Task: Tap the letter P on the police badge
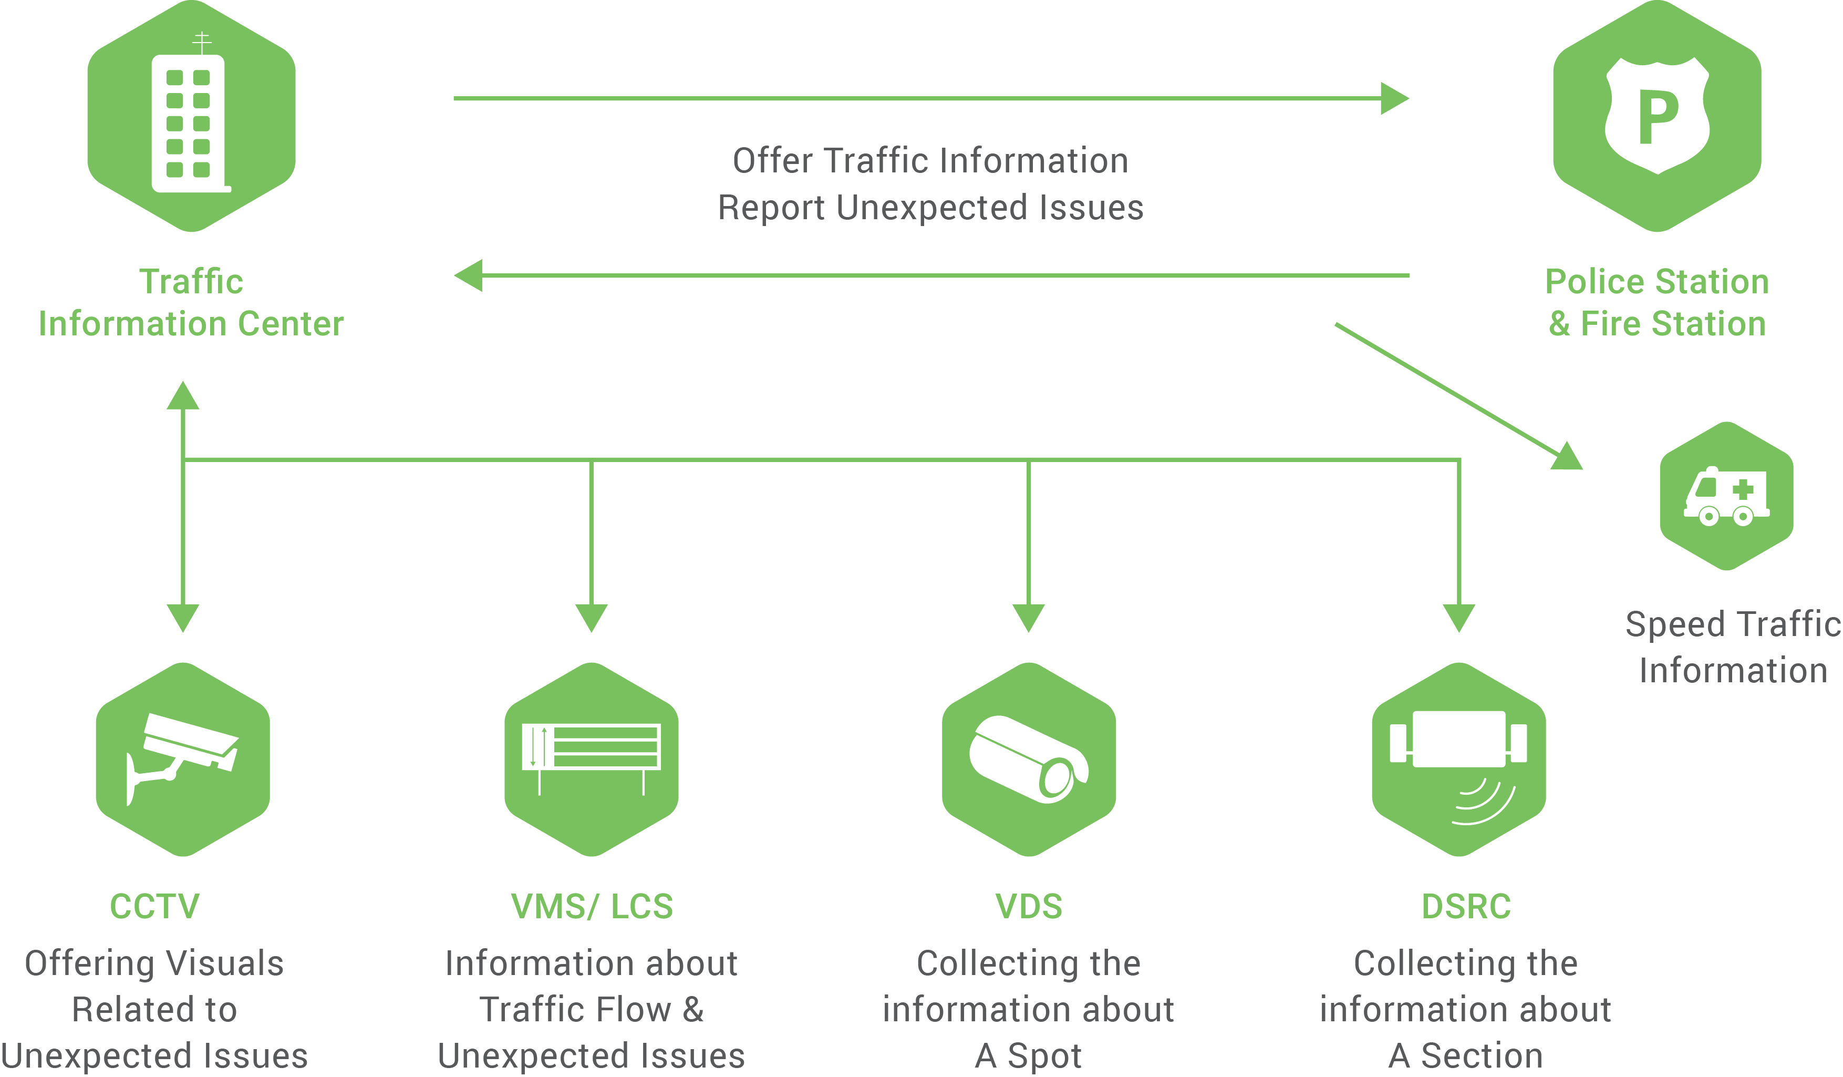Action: [1657, 117]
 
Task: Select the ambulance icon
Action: [1726, 496]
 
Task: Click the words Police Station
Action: [1656, 282]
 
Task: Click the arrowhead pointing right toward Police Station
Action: [1393, 98]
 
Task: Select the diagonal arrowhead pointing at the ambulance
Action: [1568, 457]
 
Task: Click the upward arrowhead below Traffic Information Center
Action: [183, 396]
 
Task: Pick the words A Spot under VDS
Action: [1028, 1055]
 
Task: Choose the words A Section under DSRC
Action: [1466, 1055]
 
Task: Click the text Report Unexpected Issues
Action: [930, 207]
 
